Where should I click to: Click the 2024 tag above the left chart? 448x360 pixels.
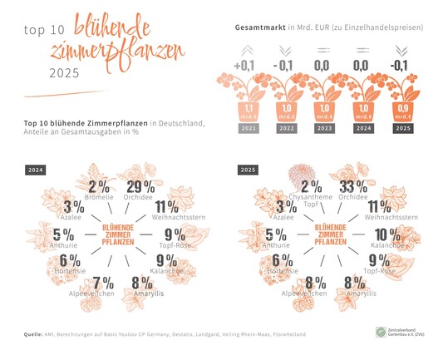tap(36, 170)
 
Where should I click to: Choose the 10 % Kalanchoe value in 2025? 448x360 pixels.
tap(388, 234)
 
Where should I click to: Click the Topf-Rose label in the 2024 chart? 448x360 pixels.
tap(175, 246)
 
